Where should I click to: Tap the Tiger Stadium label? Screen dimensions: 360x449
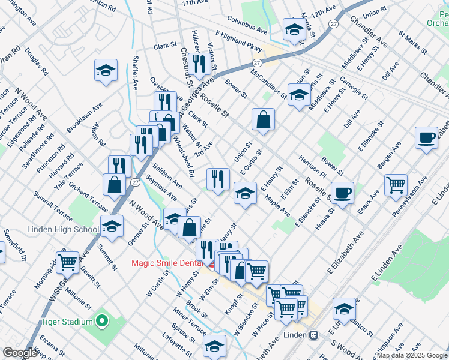pyautogui.click(x=67, y=322)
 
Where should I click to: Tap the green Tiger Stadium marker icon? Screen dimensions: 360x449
pyautogui.click(x=101, y=322)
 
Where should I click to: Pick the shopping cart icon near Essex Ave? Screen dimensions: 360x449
pyautogui.click(x=396, y=185)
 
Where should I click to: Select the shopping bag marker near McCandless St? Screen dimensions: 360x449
pyautogui.click(x=263, y=120)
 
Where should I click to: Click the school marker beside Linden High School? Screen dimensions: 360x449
pyautogui.click(x=111, y=227)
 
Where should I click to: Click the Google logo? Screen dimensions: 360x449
pyautogui.click(x=20, y=353)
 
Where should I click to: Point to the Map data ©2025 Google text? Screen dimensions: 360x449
pyautogui.click(x=411, y=355)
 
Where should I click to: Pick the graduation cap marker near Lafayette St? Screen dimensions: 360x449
pyautogui.click(x=214, y=346)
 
